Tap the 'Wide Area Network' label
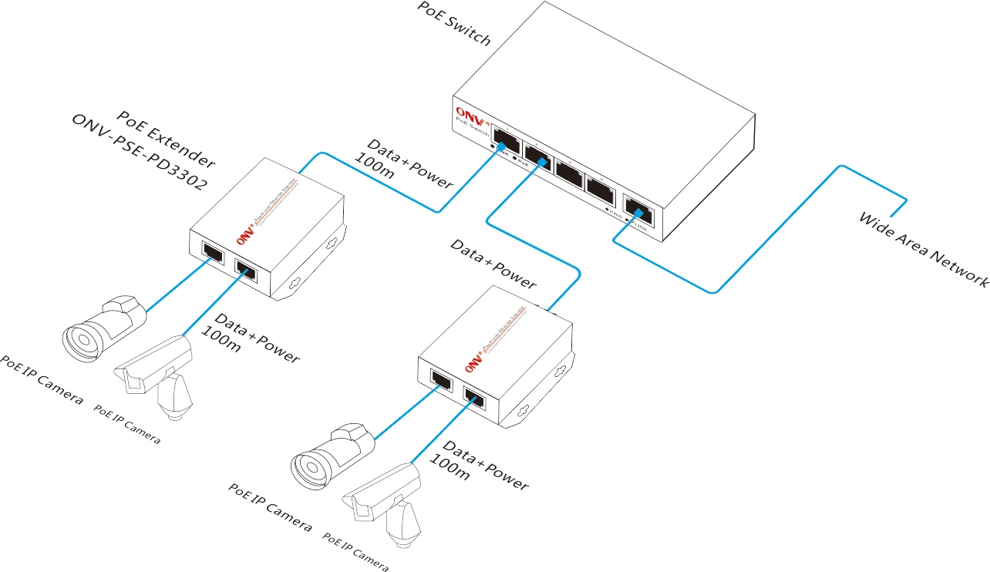(x=924, y=247)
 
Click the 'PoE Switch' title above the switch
(x=453, y=23)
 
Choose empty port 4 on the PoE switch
(x=598, y=187)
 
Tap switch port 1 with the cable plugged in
(x=506, y=140)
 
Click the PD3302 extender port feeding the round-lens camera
(x=210, y=252)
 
